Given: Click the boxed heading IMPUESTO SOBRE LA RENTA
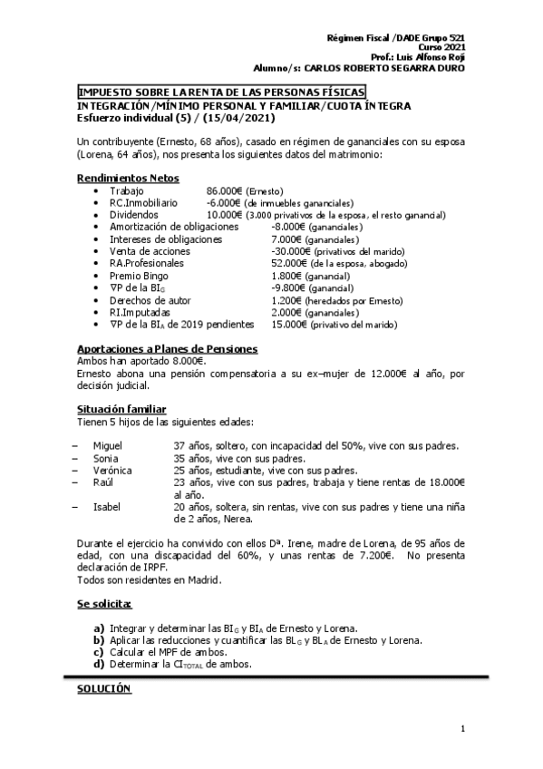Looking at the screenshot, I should pos(221,93).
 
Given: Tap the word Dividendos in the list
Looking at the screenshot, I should pos(134,215).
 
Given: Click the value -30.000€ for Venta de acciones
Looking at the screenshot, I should pos(291,251).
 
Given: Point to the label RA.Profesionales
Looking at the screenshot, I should pos(146,263).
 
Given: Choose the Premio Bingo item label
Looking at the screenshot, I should pos(139,275).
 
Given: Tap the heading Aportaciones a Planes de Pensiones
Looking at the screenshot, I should pos(167,349).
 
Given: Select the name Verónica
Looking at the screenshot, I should pos(112,471).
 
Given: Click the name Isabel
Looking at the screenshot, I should pos(106,507).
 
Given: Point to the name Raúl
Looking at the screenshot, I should pos(103,482).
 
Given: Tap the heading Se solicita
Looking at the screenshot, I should pos(104,604).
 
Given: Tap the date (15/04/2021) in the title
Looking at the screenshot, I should pos(240,118).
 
